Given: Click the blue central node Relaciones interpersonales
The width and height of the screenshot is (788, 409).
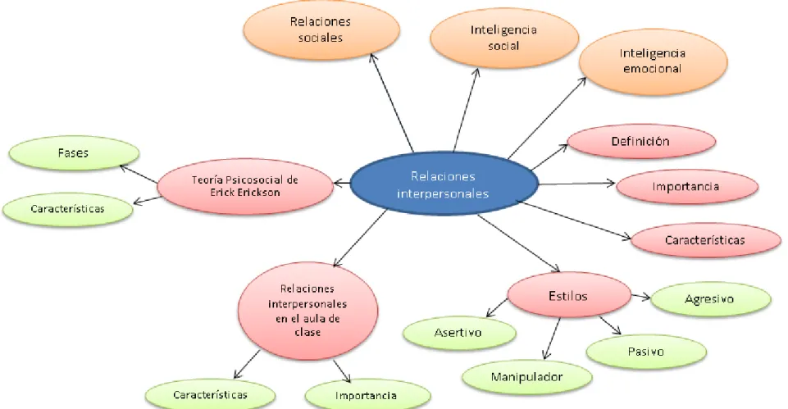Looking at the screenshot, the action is tap(444, 184).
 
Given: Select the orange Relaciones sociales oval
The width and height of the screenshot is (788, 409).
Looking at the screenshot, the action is tap(321, 30).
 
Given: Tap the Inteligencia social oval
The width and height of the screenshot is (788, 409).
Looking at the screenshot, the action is tap(504, 38).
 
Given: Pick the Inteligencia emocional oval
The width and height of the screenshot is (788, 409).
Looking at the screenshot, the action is tap(653, 61).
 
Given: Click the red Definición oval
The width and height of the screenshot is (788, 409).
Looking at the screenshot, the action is tap(640, 141).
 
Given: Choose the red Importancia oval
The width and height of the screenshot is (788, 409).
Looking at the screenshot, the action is tap(686, 186).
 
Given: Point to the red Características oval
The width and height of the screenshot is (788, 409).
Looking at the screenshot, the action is tap(705, 240).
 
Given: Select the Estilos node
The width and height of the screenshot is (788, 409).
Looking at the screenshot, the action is tap(569, 295).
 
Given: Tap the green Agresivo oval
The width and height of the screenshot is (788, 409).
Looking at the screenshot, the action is tap(710, 299).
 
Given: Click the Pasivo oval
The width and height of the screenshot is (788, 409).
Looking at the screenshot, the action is tap(646, 352).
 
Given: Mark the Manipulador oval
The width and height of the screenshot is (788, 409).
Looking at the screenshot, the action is tap(526, 377).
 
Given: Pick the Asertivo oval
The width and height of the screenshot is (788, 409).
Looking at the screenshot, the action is tap(459, 333).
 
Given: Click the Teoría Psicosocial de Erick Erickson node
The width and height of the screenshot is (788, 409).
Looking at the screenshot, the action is tap(244, 186).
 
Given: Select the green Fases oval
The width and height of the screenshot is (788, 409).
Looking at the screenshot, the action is tap(74, 153).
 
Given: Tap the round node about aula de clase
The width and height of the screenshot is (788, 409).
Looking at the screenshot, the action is tap(307, 311).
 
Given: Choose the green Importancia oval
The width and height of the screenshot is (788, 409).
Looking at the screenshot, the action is tap(367, 396).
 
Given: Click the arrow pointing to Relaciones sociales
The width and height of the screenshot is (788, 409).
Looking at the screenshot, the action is tap(391, 102).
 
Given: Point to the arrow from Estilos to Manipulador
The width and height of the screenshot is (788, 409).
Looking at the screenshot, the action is tap(552, 339).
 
